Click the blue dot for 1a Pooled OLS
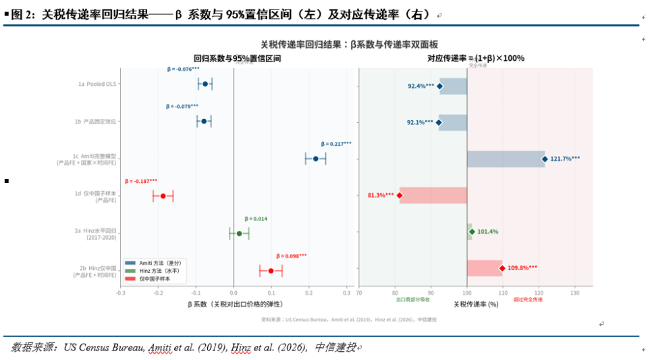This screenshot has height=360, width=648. [x=205, y=84]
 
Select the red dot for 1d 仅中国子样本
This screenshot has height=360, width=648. [x=163, y=196]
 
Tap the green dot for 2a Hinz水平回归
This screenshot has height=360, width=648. [x=239, y=234]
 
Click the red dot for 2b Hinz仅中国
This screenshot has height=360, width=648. [x=271, y=271]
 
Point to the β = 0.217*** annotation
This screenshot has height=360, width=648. [x=335, y=144]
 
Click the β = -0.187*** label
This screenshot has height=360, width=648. [x=141, y=181]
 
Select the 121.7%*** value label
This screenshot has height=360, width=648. [x=565, y=159]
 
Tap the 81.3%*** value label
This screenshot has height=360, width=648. [x=381, y=195]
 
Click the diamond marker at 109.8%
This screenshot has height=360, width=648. [x=502, y=268]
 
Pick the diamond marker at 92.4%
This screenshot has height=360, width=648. [x=440, y=86]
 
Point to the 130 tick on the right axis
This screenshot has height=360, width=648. [x=575, y=293]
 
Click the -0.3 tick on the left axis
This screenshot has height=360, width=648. [x=121, y=293]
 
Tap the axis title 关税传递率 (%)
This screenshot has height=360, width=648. [x=475, y=305]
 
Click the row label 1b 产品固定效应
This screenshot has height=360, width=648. [x=95, y=122]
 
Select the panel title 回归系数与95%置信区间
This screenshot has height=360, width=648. [x=237, y=59]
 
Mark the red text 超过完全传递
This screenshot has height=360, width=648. [x=528, y=299]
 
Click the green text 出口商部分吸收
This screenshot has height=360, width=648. [x=412, y=299]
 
